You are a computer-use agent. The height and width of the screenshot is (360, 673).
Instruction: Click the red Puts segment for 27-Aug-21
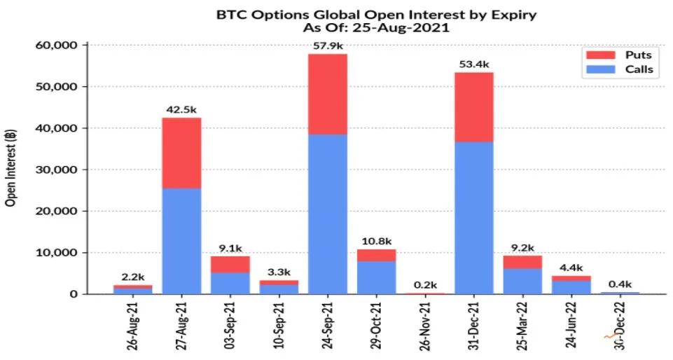tap(181, 153)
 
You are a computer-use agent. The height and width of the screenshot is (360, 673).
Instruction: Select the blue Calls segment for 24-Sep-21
tap(328, 214)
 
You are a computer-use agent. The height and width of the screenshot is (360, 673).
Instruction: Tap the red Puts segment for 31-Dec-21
tap(473, 107)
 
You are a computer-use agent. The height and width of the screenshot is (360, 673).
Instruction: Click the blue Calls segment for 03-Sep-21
tap(230, 283)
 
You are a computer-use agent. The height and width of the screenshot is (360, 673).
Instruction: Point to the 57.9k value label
tap(328, 46)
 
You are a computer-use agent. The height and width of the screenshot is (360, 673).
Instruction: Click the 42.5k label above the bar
tap(181, 110)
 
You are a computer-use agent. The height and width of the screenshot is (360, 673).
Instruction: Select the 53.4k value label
tap(473, 64)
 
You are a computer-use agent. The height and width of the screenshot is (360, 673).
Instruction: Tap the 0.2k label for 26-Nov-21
tap(425, 285)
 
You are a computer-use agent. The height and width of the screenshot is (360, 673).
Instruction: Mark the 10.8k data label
tap(376, 242)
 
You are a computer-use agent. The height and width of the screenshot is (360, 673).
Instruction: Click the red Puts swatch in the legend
tap(597, 55)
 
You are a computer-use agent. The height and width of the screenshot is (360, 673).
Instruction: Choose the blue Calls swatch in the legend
tap(597, 69)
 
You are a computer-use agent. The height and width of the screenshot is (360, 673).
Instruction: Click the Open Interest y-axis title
tap(11, 169)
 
